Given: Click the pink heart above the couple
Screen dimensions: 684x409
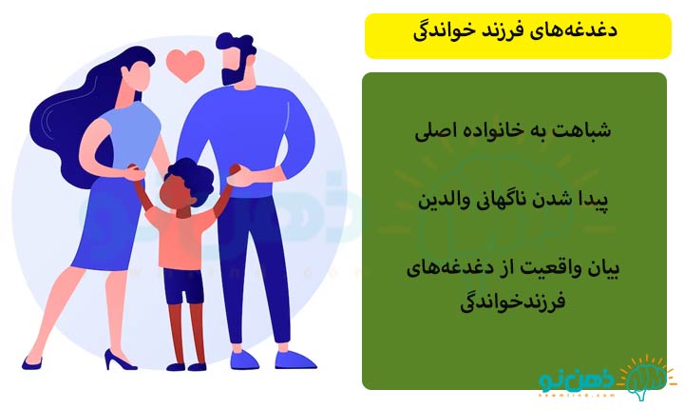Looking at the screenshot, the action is click(185, 65).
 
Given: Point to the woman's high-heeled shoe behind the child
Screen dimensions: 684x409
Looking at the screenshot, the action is click(119, 359).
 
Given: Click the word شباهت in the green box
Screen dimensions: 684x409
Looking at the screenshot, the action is click(583, 130).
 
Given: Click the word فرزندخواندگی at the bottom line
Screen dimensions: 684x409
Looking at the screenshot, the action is click(513, 302).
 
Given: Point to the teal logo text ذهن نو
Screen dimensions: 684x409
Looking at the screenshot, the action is click(578, 381).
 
